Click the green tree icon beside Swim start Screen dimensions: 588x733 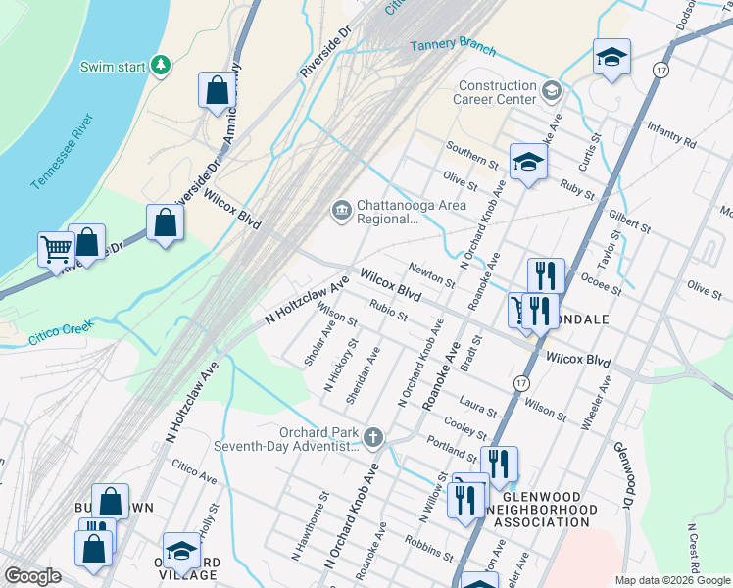coord(160,66)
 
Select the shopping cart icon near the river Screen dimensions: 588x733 coord(56,249)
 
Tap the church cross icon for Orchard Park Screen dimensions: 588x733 coord(372,436)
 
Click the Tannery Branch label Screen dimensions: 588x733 coord(452,48)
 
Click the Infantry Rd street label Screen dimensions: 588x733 coord(671,136)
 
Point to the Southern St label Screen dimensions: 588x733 coord(472,153)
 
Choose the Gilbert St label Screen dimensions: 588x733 coord(630,220)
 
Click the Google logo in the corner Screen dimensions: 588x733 coord(32,576)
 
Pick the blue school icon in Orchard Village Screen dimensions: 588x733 coord(181,553)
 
